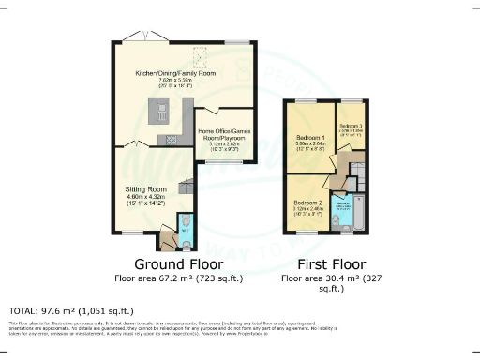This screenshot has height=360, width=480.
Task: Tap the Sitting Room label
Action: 144,187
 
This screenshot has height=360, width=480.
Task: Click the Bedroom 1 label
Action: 308,134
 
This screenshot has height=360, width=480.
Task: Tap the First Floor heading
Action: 326,263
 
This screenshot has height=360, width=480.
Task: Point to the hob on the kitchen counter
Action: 173,140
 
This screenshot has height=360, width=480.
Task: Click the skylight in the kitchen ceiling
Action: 199,54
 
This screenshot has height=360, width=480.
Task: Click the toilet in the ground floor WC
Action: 183,224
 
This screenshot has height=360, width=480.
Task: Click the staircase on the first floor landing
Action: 352,173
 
